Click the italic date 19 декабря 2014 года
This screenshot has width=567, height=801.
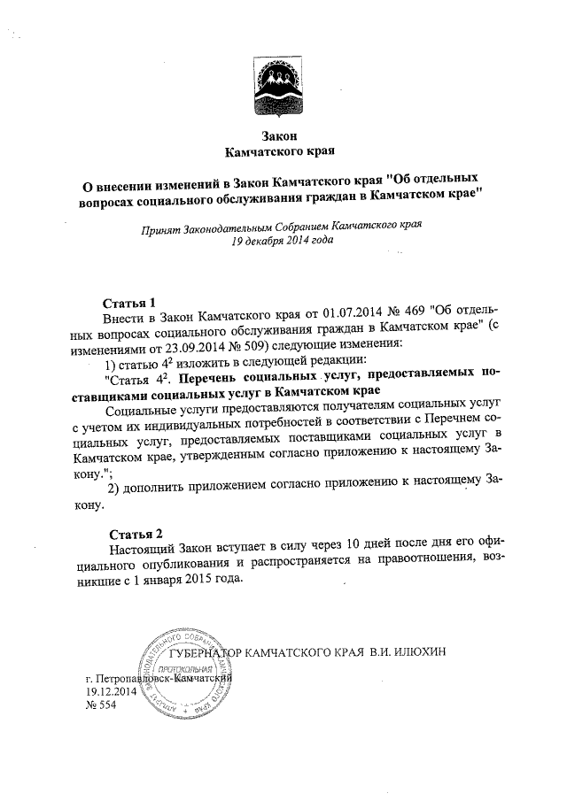(x=282, y=241)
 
